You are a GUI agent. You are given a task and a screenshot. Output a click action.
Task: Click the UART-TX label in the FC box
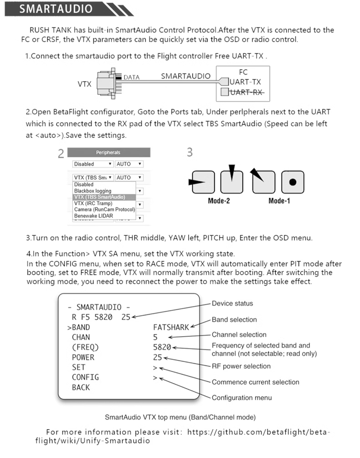pos(246,82)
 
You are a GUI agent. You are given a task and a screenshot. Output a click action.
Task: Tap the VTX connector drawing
pos(108,83)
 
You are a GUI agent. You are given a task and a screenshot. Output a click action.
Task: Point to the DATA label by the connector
pos(132,78)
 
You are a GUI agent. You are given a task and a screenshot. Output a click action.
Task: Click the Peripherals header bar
pos(108,152)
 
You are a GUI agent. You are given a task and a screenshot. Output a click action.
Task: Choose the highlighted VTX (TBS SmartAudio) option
pos(98,197)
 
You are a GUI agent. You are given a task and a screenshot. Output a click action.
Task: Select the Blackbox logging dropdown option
pos(93,191)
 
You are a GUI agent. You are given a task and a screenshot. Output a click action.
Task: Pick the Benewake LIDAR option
pos(93,216)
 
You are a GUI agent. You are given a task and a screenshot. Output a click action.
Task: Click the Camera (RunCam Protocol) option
pos(104,209)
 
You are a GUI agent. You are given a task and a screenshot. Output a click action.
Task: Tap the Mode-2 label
pos(218,201)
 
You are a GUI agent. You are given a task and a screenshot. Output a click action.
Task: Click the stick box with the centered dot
pos(293,182)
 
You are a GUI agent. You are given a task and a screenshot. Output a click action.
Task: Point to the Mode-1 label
pos(279,201)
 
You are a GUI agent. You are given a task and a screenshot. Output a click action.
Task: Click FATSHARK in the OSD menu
pos(171,327)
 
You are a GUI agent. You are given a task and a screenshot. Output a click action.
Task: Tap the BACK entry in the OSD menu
pos(81,387)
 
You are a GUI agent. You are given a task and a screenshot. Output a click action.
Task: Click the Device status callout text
pos(232,303)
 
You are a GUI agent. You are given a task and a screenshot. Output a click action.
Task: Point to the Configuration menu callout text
pos(242,398)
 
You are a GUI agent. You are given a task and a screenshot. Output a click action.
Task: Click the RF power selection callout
pos(241,366)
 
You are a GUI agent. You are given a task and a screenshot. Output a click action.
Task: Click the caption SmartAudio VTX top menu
pos(180,417)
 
